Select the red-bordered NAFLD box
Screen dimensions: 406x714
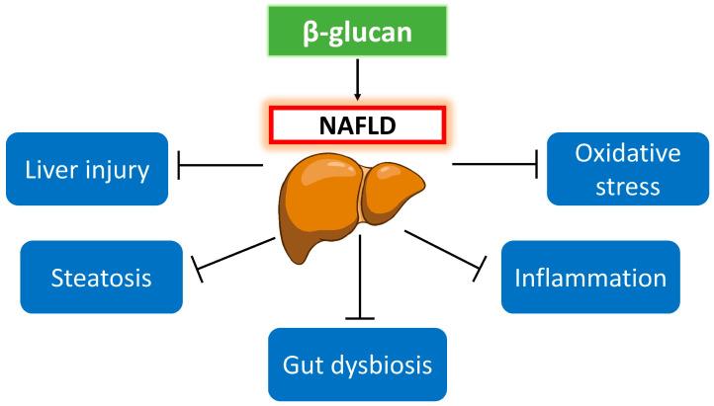pos(356,125)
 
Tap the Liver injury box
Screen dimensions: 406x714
pos(87,169)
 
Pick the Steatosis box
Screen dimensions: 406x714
pos(101,277)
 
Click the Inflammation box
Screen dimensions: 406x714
pos(590,277)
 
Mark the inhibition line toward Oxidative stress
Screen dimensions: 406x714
pos(494,164)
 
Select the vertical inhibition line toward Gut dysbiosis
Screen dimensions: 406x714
pos(359,277)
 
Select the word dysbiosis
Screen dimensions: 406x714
pos(386,365)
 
